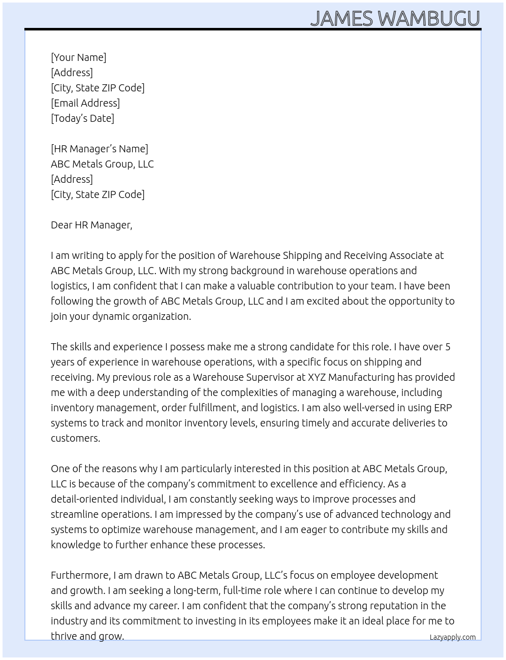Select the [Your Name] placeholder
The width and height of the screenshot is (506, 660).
[x=78, y=57]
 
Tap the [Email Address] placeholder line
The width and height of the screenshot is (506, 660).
[x=85, y=103]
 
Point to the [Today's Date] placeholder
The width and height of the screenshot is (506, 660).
[x=82, y=118]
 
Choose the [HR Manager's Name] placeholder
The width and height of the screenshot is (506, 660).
[x=100, y=149]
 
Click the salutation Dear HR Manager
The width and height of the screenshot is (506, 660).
[x=91, y=225]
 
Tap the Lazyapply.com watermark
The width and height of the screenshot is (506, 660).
[x=453, y=637]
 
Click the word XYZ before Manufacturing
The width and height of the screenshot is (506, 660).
[x=317, y=377]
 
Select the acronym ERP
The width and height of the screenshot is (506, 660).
[x=442, y=408]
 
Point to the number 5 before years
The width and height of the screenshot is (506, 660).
[x=448, y=347]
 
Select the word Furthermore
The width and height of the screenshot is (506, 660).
[x=80, y=575]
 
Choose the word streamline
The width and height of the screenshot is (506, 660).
[x=74, y=514]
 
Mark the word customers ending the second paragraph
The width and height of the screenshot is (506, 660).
[x=75, y=438]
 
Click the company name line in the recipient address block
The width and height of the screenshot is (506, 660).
[x=102, y=164]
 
